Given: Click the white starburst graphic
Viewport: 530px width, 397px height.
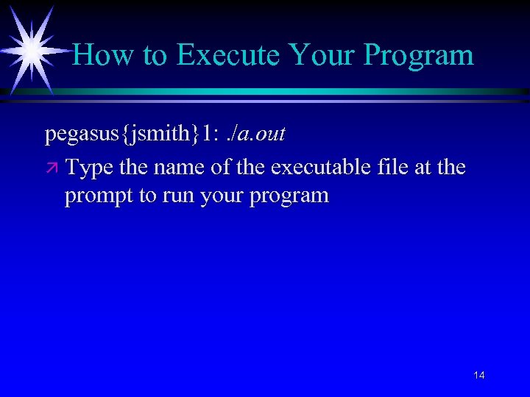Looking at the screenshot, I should point(31,49).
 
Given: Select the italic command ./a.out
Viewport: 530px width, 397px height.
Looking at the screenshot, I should point(258,134).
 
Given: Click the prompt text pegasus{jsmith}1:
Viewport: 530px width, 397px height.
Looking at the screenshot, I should point(132,134).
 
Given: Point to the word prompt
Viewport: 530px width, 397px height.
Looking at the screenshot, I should point(99,197).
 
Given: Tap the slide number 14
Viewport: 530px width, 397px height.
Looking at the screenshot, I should point(478,376).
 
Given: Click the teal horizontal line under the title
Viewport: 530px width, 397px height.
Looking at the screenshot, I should point(294,92).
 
